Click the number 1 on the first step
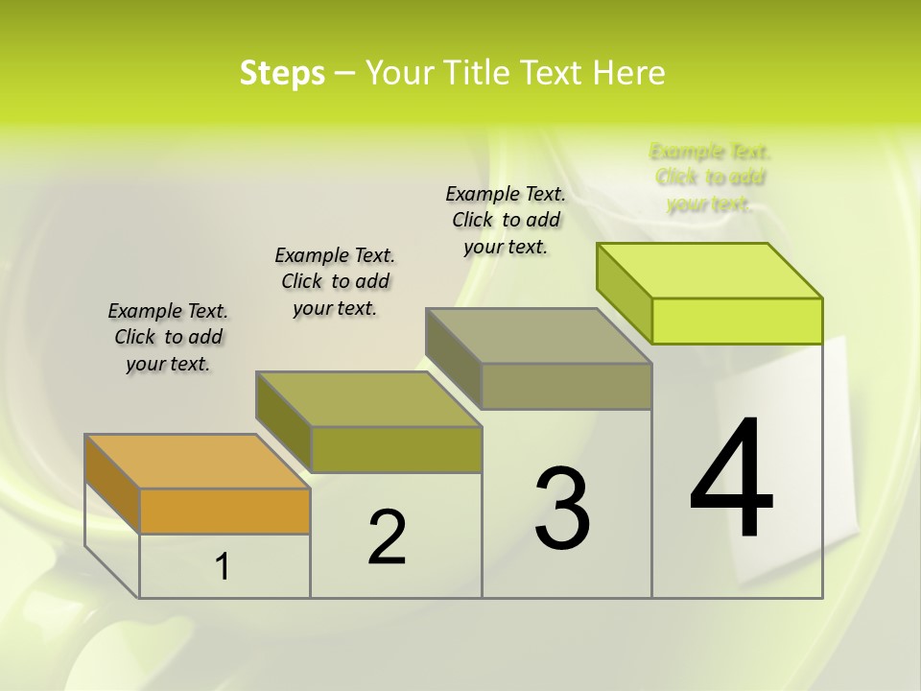pos(223,567)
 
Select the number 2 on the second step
pos(387,536)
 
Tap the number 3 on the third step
pos(562,509)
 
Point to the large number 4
pos(732,479)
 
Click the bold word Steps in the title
pos(282,73)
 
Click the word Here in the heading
pos(629,73)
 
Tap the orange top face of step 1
pos(197,462)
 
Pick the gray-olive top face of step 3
pos(538,336)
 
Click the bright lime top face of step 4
pos(709,271)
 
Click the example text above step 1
pos(168,337)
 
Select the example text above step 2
pos(335,281)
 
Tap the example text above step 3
pos(506,220)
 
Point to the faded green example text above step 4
pos(710,178)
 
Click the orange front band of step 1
pos(224,511)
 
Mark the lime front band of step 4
pos(737,321)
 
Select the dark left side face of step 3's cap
pos(454,360)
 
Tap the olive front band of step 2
pos(395,449)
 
